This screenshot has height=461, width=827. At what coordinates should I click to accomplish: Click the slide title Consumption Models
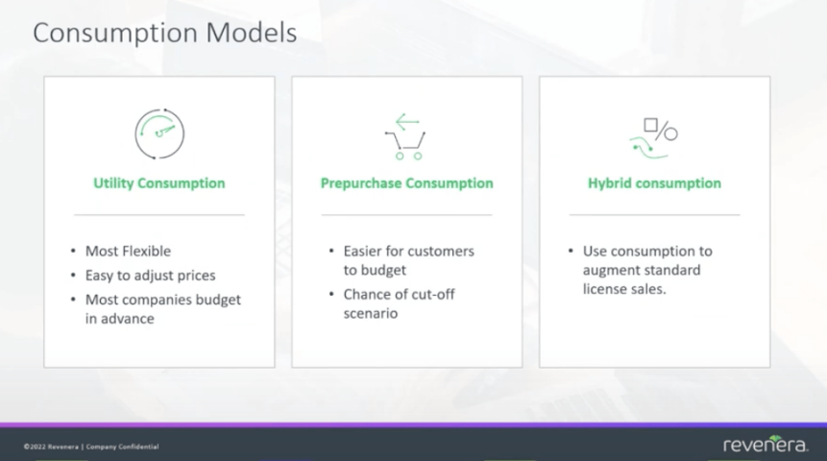click(x=164, y=34)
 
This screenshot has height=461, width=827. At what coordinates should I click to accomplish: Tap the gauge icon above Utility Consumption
click(x=158, y=133)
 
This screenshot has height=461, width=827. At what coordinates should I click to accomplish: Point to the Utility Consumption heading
click(x=158, y=183)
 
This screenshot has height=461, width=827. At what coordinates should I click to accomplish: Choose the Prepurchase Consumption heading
click(x=406, y=183)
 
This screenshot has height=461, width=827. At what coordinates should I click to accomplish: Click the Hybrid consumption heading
click(x=654, y=183)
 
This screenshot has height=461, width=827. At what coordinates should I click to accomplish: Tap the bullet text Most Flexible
click(x=128, y=252)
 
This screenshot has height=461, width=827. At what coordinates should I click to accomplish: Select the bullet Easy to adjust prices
click(x=151, y=276)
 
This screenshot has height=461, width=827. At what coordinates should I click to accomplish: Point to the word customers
click(x=440, y=252)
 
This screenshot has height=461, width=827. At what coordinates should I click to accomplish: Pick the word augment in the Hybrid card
click(x=612, y=270)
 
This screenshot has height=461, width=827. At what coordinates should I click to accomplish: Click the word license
click(x=605, y=289)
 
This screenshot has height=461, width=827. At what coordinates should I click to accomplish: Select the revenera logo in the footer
click(x=766, y=444)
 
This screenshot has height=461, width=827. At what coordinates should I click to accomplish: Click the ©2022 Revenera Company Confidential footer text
click(x=91, y=447)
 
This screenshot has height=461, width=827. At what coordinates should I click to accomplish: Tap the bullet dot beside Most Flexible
click(x=74, y=252)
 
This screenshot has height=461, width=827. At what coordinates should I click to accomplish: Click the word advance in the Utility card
click(x=131, y=318)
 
